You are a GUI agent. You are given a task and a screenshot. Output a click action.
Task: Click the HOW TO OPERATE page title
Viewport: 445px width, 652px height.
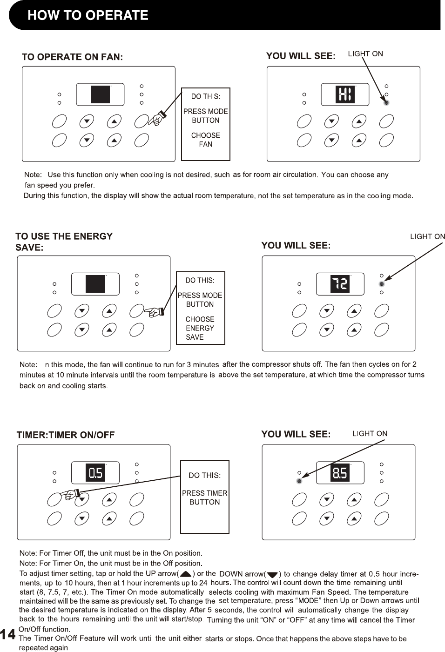point(88,15)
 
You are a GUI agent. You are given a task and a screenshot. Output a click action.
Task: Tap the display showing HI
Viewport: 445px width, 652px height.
point(345,94)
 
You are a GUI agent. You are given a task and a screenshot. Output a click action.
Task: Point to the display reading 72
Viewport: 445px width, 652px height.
point(340,284)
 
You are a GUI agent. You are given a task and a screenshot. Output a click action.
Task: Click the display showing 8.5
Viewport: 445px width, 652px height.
point(340,473)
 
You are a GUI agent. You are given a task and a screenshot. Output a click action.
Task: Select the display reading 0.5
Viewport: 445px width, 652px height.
point(95,473)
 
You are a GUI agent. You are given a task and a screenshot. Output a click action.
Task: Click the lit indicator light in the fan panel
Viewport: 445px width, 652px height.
point(386,103)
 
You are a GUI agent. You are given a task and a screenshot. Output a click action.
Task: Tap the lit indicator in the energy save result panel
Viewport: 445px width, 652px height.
point(382,284)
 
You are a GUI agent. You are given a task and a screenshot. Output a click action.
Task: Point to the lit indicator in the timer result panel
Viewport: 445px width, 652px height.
point(299,481)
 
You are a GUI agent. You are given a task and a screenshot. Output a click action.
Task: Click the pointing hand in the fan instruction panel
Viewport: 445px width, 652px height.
point(157,120)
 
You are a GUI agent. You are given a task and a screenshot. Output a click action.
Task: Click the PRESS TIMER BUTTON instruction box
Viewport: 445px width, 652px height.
point(205,497)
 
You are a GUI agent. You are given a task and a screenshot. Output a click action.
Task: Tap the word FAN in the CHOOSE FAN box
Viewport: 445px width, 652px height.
point(205,144)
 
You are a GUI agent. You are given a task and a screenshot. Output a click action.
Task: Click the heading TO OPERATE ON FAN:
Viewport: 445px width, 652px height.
point(72,57)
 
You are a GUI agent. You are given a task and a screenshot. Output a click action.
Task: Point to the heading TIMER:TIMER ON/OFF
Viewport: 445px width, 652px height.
point(66,435)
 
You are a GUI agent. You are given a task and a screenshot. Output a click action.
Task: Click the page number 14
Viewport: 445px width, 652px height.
point(8,635)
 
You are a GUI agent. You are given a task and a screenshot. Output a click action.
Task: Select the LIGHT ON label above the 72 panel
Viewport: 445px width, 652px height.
point(427,236)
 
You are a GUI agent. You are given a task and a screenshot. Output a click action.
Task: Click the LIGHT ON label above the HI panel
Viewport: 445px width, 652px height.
point(365,54)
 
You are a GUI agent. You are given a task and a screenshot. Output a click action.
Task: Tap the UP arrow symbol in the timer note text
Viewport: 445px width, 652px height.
point(186,574)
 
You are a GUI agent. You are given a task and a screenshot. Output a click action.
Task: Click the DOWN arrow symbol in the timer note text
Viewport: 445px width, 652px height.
point(272,574)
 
